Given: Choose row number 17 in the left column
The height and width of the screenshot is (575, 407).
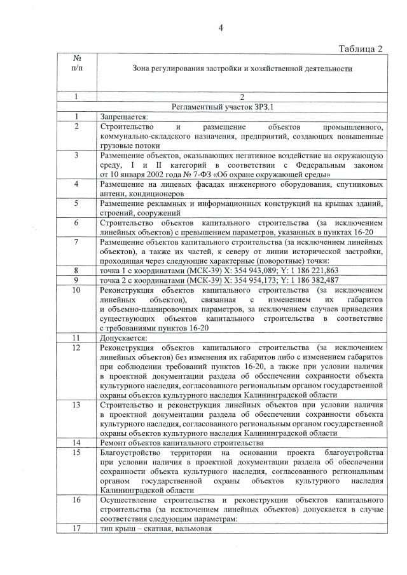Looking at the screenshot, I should tap(77, 528).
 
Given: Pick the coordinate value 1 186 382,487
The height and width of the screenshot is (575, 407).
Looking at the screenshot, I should tap(318, 279).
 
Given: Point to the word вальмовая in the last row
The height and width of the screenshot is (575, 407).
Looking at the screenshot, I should tap(191, 528).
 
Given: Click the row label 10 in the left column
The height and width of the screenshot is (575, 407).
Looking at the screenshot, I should tap(77, 290).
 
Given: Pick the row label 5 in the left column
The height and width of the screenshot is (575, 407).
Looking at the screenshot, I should tap(77, 203).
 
